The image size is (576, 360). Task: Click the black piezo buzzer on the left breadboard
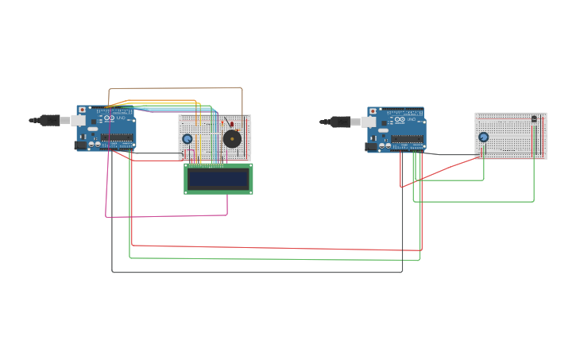[x=232, y=139]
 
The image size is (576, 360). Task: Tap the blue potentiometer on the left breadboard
[x=187, y=139]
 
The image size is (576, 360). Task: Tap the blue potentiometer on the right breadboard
[x=483, y=137]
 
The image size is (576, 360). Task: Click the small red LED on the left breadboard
[x=231, y=124]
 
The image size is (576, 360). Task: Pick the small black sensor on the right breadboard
[x=534, y=119]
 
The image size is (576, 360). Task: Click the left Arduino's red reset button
[x=82, y=110]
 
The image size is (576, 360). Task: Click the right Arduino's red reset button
[x=373, y=111]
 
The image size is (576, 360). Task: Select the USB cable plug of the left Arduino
[x=50, y=120]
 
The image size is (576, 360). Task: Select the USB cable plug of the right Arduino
[x=341, y=122]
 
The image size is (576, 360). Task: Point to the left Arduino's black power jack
[x=80, y=145]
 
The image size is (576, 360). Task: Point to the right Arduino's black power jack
[x=370, y=146]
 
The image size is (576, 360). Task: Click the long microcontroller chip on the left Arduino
[x=117, y=137]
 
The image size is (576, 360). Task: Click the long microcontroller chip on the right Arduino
[x=407, y=137]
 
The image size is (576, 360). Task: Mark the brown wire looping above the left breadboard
[x=175, y=88]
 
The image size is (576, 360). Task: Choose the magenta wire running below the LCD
[x=167, y=215]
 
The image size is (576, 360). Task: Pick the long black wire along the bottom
[x=254, y=273]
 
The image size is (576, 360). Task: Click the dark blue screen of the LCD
[x=218, y=179]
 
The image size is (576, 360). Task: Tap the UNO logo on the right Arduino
[x=411, y=119]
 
